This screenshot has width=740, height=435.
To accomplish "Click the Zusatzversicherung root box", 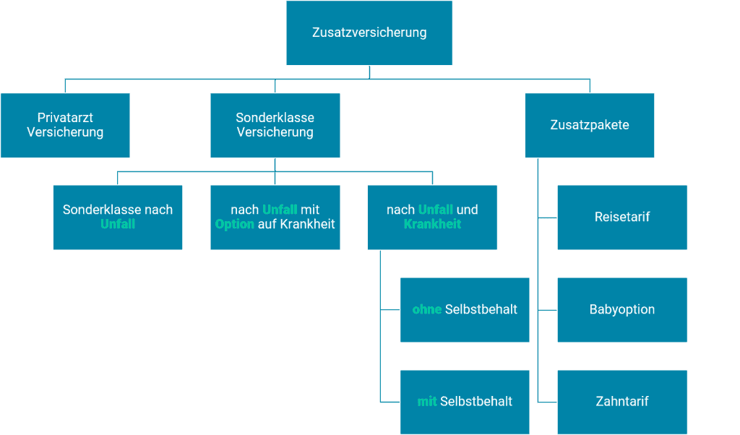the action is (369, 33).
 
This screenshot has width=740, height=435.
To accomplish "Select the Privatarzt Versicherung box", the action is (65, 125).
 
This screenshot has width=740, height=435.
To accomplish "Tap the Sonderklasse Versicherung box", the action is (275, 125).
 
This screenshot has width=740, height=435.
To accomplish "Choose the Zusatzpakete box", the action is (590, 125).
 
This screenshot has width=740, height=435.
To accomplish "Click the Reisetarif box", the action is (622, 217).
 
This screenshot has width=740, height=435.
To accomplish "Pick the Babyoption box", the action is (622, 309).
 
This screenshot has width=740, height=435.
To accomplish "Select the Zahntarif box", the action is (622, 402).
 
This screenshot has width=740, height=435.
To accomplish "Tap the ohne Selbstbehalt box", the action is (465, 309).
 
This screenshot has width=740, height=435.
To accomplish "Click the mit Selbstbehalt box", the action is (465, 402).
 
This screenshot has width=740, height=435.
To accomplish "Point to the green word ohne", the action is (427, 309).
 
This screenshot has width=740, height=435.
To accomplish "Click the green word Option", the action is (235, 224).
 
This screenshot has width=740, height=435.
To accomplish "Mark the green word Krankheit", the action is (432, 224).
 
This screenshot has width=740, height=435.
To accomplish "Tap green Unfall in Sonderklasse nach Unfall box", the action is (118, 224).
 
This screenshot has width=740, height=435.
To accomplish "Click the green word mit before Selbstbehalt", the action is (427, 402).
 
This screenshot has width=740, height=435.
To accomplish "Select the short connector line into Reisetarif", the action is (548, 217).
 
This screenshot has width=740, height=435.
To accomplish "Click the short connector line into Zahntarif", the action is (548, 402).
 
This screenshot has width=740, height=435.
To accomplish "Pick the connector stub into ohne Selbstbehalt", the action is (391, 309).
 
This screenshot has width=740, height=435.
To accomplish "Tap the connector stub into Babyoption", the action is (548, 310).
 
